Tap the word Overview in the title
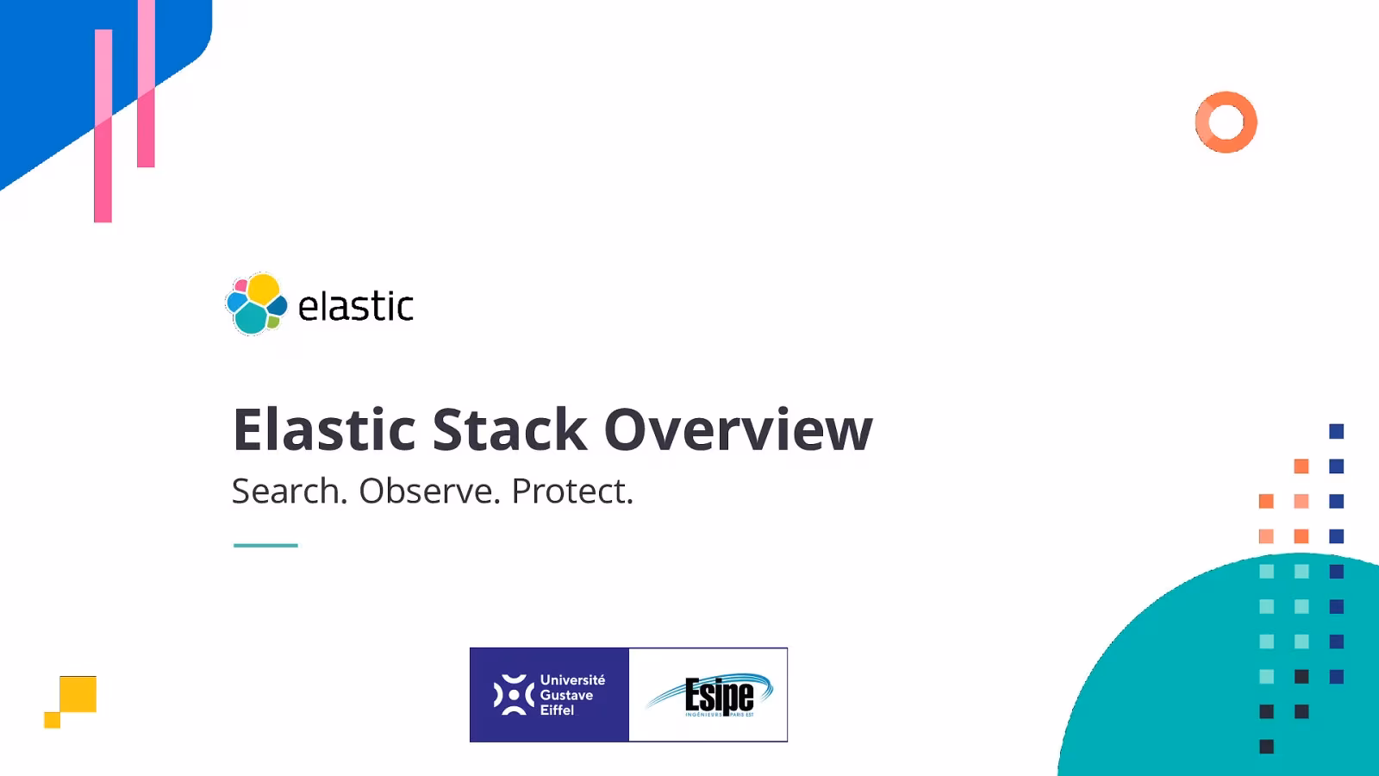point(738,429)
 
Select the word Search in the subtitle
point(289,491)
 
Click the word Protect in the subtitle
point(571,491)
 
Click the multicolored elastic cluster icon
point(256,304)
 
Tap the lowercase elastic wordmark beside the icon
point(355,307)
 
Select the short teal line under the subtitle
point(265,545)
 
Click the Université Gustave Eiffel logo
point(549,695)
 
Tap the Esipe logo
point(708,695)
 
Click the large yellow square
point(78,694)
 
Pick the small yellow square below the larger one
point(52,720)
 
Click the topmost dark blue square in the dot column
point(1337,431)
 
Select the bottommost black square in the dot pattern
point(1266,747)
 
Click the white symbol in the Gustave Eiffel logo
point(514,695)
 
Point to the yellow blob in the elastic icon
point(263,288)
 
